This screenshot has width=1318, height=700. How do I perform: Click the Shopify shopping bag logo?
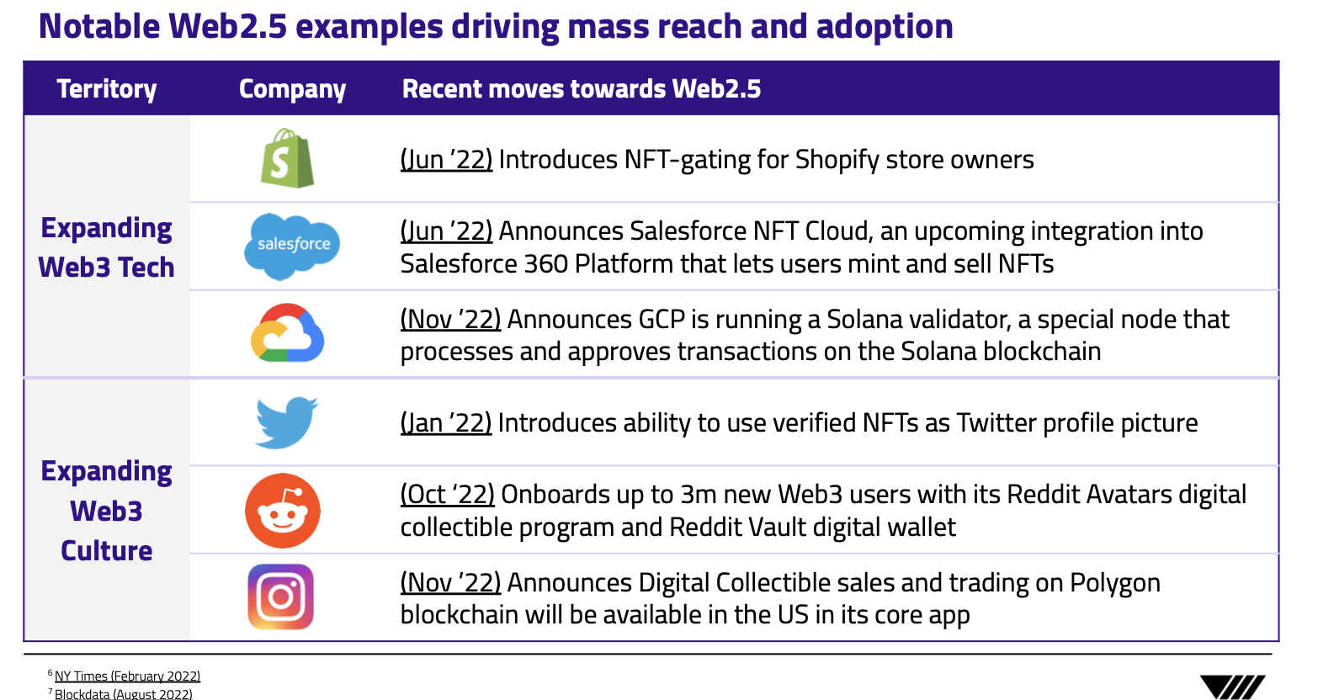287,158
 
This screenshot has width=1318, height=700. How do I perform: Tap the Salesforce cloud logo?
292,246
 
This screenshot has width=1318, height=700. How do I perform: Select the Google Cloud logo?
287,332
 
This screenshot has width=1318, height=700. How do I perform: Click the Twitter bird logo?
286,422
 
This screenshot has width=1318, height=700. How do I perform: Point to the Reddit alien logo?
283,511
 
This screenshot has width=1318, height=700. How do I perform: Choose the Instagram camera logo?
280,597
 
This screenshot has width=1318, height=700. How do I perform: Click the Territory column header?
107,89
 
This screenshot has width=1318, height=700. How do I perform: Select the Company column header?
292,89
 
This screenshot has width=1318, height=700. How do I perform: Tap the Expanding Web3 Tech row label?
107,247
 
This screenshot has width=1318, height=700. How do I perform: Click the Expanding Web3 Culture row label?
107,511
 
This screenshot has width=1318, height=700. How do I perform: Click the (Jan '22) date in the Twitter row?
445,423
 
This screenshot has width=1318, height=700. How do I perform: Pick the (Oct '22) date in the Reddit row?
447,494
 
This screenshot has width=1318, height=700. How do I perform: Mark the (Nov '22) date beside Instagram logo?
451,583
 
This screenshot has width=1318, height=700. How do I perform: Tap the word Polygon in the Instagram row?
1115,584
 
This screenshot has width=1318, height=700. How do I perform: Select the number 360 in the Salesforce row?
546,264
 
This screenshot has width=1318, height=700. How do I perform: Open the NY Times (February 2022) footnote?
127,676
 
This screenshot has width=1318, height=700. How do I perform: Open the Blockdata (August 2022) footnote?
124,694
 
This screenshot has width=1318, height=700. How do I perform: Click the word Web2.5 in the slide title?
227,26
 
